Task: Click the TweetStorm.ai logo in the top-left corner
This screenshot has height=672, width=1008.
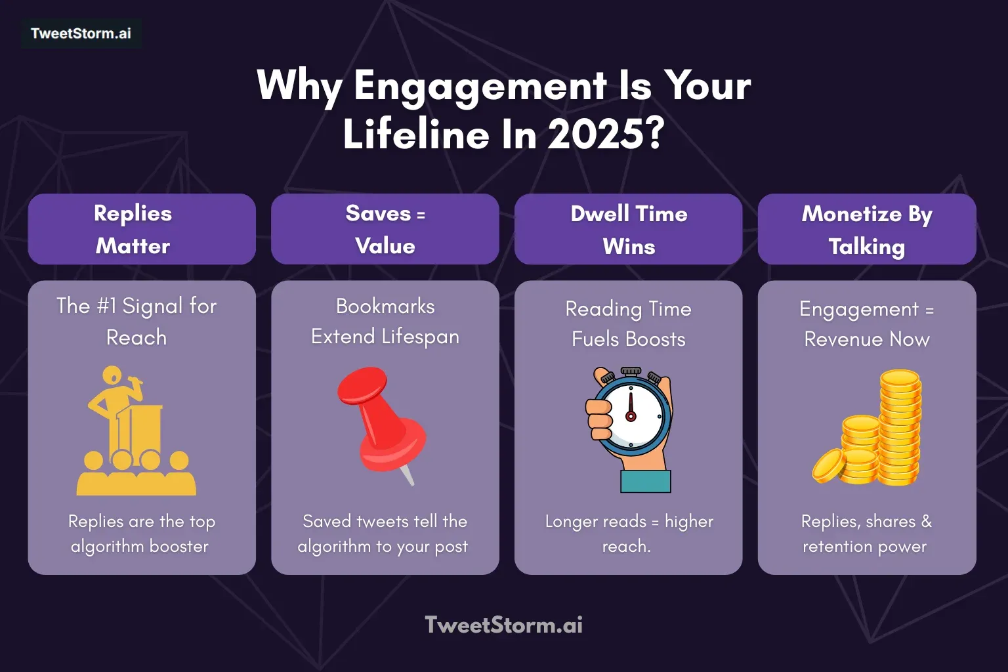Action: (x=81, y=33)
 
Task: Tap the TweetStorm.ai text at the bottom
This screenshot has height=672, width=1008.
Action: (x=503, y=625)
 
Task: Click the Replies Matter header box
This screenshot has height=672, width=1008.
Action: (x=142, y=229)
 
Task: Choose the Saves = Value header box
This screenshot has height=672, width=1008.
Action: (x=385, y=229)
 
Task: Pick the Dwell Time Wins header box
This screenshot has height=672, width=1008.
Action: (x=629, y=229)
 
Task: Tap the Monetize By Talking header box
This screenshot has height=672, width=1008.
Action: (x=867, y=229)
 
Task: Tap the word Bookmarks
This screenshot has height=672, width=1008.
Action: (x=385, y=306)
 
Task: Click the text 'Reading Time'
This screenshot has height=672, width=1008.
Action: (x=629, y=308)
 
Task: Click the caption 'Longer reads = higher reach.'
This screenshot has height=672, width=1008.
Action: (x=629, y=533)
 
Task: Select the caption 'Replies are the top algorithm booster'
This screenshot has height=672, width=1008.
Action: (x=141, y=533)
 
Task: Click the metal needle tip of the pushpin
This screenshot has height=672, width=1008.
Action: (x=408, y=475)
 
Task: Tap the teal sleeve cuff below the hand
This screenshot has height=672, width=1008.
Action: (x=646, y=481)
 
